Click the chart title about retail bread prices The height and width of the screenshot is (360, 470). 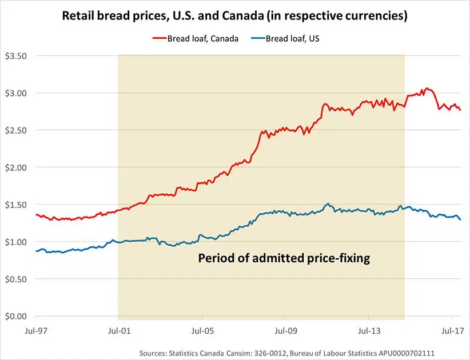pos(235,16)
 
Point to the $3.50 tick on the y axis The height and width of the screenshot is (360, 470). pos(17,56)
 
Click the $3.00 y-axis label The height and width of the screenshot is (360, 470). pos(17,93)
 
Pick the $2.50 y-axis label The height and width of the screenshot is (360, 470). pos(17,130)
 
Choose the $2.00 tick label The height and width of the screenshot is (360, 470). pos(17,167)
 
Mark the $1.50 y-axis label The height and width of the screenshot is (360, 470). pos(17,205)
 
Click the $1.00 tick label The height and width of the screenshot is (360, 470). pos(17,242)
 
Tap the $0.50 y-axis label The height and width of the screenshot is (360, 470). pos(17,279)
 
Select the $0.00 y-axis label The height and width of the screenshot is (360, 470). pos(17,316)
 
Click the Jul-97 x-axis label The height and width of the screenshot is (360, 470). pos(35,330)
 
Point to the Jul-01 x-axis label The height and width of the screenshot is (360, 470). pos(118,330)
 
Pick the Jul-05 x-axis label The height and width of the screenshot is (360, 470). pos(202,330)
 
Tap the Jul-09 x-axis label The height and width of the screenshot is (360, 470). pos(285,330)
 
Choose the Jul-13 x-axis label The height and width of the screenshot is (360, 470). pos(369,330)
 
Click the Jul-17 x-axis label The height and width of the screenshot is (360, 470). pos(452,330)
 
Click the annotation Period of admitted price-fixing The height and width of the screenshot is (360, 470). pos(284,258)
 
